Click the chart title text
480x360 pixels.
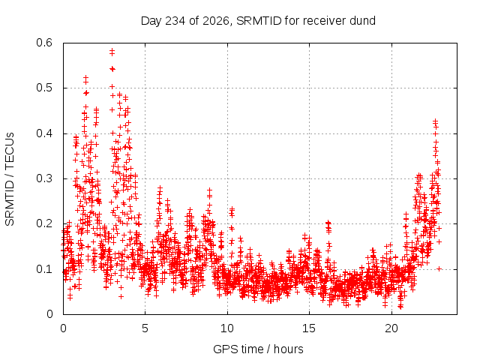258,21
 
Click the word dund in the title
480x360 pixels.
363,21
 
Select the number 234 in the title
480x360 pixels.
175,21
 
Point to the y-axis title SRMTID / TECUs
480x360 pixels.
10,179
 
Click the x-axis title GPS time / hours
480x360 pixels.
258,349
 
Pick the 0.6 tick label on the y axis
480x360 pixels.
44,43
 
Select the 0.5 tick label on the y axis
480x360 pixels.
44,88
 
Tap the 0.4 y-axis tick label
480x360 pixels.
44,133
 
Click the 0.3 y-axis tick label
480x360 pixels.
44,178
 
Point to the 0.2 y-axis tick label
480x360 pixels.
44,223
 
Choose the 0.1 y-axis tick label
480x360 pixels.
44,269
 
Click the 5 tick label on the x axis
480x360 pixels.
145,328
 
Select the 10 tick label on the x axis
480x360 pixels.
227,328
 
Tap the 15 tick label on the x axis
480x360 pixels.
309,328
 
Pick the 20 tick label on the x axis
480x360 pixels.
391,328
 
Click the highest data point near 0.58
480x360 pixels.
112,50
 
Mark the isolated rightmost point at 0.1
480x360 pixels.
439,268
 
